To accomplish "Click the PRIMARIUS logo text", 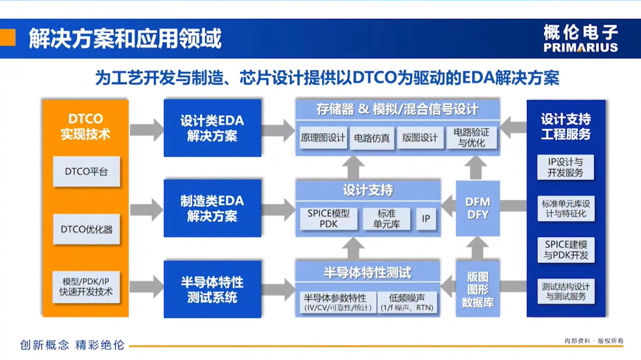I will click(580, 47).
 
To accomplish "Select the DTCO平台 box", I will click(87, 172).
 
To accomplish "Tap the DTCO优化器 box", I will click(87, 229).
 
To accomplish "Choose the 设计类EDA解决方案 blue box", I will click(212, 128).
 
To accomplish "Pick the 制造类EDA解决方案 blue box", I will click(212, 208).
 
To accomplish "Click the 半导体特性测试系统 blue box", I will click(212, 289).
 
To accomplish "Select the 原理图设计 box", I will click(323, 138).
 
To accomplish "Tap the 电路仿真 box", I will click(372, 138).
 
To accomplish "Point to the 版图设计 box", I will click(420, 138).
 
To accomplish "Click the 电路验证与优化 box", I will click(471, 138).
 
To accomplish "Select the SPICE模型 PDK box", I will click(328, 218).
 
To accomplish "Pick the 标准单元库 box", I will click(386, 218).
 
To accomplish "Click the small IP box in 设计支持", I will click(426, 218).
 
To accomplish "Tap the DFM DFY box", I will click(478, 208).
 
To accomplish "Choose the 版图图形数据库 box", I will click(478, 289).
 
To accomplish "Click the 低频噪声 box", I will click(407, 302).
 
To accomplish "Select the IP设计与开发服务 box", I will click(565, 167).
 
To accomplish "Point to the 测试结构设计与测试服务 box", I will click(565, 291).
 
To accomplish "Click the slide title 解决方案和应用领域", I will click(125, 39).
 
